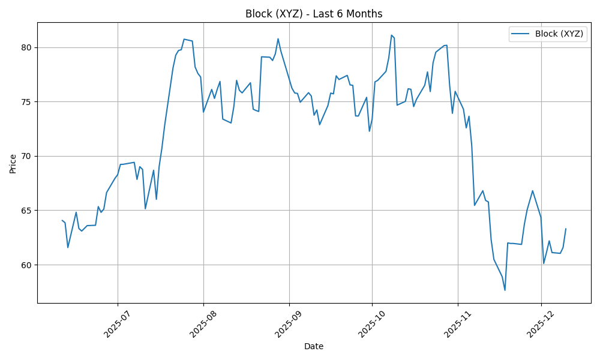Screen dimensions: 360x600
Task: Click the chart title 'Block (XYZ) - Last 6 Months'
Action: pyautogui.click(x=314, y=14)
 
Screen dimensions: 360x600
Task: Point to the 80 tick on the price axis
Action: pyautogui.click(x=27, y=47)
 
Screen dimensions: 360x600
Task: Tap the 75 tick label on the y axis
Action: pyautogui.click(x=27, y=102)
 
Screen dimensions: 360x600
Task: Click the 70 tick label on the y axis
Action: pyautogui.click(x=27, y=156)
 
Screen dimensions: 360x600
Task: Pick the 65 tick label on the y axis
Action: pyautogui.click(x=27, y=211)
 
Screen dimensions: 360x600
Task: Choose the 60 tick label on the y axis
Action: pyautogui.click(x=27, y=265)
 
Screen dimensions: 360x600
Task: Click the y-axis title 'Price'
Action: pyautogui.click(x=13, y=163)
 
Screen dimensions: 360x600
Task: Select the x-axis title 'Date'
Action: pyautogui.click(x=314, y=347)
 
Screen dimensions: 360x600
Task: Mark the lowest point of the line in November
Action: pyautogui.click(x=505, y=290)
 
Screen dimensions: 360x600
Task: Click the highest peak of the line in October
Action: pyautogui.click(x=391, y=35)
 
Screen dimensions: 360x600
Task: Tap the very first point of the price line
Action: pyautogui.click(x=62, y=220)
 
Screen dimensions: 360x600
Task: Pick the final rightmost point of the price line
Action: pyautogui.click(x=566, y=229)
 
